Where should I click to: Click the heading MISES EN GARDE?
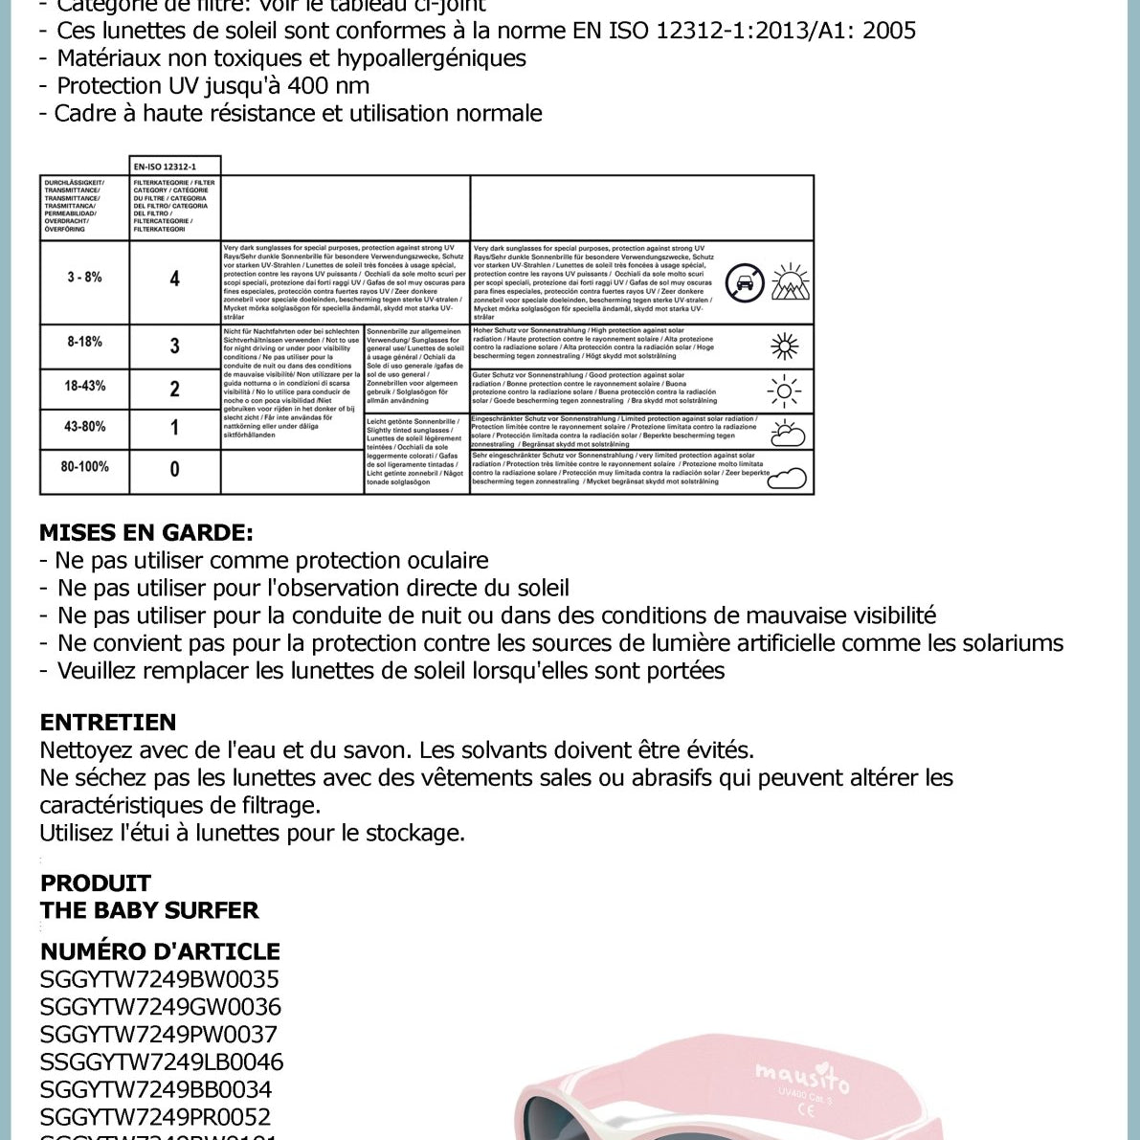tap(146, 533)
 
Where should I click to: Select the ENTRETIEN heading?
tap(108, 723)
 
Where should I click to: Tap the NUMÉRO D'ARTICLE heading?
tap(160, 951)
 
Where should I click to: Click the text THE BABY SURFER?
tap(149, 910)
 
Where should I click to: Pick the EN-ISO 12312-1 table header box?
tap(175, 167)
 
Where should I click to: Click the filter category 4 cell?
tap(174, 279)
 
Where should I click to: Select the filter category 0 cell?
tap(174, 470)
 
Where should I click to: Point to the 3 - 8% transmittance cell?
tap(84, 278)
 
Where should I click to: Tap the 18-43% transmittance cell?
tap(84, 387)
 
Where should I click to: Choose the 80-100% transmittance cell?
tap(84, 467)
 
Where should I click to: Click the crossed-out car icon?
tap(745, 282)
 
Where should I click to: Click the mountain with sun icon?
tap(791, 281)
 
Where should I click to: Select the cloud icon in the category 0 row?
tap(787, 477)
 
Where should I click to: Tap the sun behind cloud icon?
tap(787, 433)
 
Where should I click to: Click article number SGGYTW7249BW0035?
tap(160, 979)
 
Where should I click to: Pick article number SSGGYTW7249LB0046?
tap(162, 1062)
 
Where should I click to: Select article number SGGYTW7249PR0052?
tap(156, 1117)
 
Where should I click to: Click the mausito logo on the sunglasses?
tap(802, 1076)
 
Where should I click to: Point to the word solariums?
tap(1013, 643)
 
